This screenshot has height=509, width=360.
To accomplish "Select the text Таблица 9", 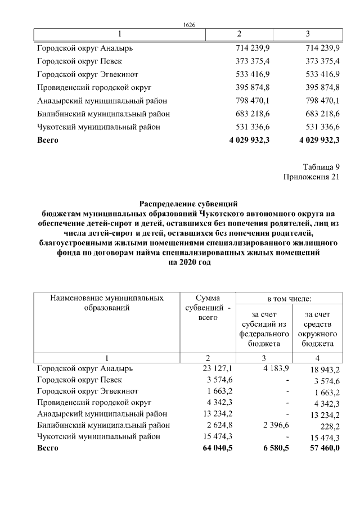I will point(321,167).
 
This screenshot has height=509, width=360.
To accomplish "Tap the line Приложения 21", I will point(311,178).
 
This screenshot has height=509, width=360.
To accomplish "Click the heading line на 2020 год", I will point(190,262).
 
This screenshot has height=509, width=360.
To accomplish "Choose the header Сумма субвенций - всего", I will point(208,308).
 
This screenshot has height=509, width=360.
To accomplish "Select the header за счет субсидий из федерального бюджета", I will point(260,329).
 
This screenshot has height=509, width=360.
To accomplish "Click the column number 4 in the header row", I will point(318,358).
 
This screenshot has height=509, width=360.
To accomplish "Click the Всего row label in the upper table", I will point(47,139).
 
